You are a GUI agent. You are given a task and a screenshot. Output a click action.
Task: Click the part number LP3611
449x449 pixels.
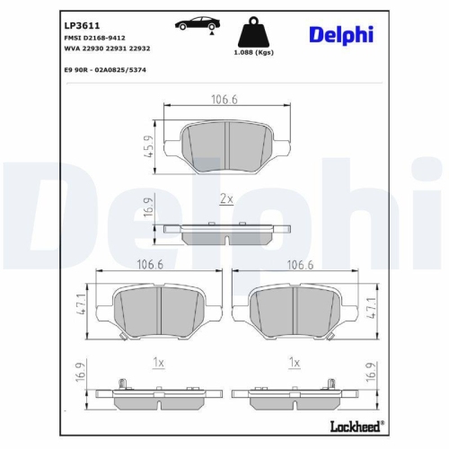tap(82, 26)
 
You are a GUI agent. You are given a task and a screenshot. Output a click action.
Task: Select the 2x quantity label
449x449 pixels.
tap(226, 197)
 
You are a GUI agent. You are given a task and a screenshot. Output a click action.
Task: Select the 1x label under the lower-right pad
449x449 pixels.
tap(293, 362)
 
